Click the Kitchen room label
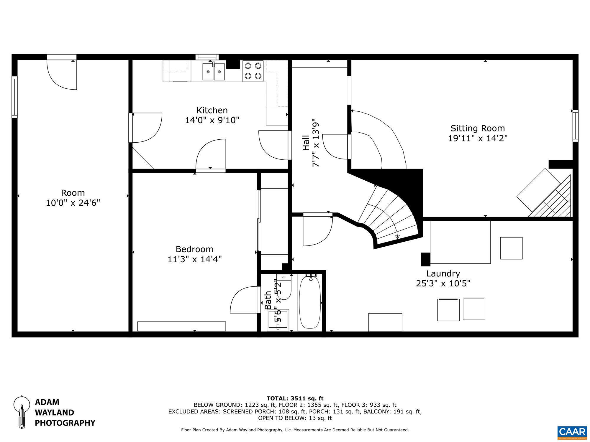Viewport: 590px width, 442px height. coord(212,110)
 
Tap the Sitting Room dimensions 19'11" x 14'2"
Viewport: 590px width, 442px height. coord(478,138)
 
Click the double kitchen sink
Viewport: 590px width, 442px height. coord(214,72)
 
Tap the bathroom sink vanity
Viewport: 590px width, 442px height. coord(278,320)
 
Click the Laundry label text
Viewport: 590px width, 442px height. coord(443,274)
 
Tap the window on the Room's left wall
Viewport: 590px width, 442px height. coord(14,97)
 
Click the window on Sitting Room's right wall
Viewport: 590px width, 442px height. coord(575,126)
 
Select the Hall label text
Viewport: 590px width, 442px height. coord(306,143)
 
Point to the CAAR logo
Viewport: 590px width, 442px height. coord(572,432)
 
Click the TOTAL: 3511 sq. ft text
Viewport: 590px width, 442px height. coord(295,399)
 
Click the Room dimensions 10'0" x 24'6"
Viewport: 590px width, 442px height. coord(73,203)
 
